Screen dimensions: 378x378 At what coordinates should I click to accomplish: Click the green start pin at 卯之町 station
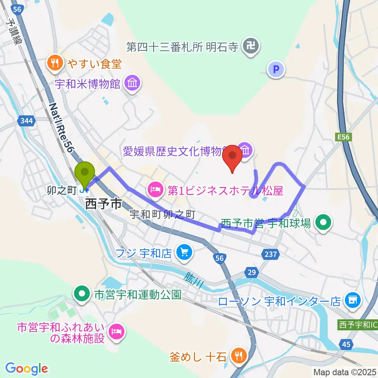(x=85, y=173)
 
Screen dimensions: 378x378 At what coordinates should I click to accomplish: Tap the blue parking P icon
(x=276, y=70)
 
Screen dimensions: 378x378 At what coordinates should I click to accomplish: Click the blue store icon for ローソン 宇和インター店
(x=352, y=301)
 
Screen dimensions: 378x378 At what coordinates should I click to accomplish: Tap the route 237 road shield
(x=271, y=255)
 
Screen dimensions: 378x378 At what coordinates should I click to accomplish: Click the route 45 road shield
(x=346, y=345)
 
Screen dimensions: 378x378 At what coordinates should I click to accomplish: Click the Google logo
(x=27, y=369)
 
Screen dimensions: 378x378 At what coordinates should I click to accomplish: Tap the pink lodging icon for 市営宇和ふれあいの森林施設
(x=117, y=332)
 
